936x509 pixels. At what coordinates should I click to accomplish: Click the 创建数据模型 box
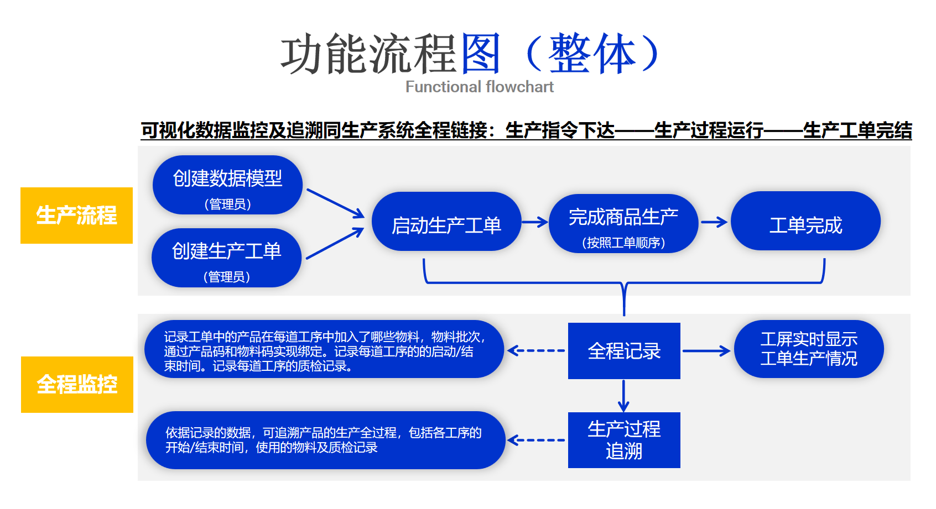pyautogui.click(x=227, y=185)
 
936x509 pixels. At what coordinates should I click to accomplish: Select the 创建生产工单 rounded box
pyautogui.click(x=226, y=258)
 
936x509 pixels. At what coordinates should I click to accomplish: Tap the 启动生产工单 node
pyautogui.click(x=446, y=222)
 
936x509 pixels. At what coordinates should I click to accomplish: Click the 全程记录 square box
pyautogui.click(x=623, y=351)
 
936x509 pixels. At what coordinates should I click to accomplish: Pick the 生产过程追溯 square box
pyautogui.click(x=623, y=440)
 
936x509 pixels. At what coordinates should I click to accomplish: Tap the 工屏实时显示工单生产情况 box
pyautogui.click(x=808, y=349)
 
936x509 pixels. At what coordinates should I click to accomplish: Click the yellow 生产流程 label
pyautogui.click(x=76, y=216)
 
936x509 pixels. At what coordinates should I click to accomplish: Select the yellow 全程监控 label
pyautogui.click(x=77, y=385)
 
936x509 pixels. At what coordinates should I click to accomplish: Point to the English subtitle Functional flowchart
pyautogui.click(x=479, y=87)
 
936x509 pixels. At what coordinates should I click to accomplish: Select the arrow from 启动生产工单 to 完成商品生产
pyautogui.click(x=534, y=222)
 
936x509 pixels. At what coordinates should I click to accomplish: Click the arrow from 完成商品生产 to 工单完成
pyautogui.click(x=714, y=222)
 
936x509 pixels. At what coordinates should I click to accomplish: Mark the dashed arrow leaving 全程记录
pyautogui.click(x=535, y=350)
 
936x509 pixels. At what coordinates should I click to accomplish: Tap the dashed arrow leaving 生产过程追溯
pyautogui.click(x=535, y=440)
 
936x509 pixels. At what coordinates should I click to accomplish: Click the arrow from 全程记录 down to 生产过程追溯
pyautogui.click(x=623, y=396)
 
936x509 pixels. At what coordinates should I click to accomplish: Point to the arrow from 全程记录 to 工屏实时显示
pyautogui.click(x=706, y=351)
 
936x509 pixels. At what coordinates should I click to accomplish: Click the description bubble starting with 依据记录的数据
pyautogui.click(x=325, y=440)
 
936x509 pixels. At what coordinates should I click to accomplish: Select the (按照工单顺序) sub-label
pyautogui.click(x=623, y=243)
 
